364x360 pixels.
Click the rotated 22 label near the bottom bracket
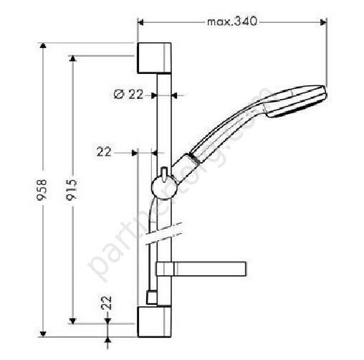coord(107,303)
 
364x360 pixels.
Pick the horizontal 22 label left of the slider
coord(105,151)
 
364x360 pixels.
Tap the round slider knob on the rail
coord(163,190)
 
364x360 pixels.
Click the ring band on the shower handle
coord(191,158)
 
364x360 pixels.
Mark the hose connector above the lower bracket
coord(152,296)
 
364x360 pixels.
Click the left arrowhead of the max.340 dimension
coord(140,22)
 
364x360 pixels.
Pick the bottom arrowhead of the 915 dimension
coord(72,318)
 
